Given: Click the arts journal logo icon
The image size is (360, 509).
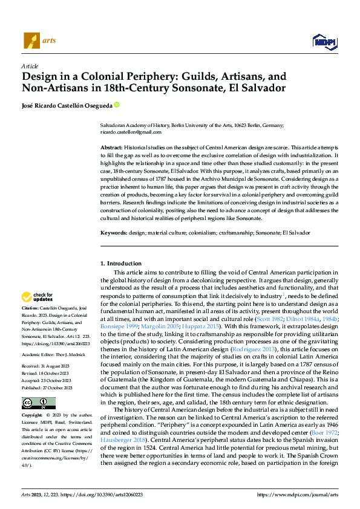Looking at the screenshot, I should (30, 41).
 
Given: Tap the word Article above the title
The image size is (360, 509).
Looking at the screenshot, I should (29, 66).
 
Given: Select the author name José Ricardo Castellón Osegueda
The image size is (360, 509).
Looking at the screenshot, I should (67, 105).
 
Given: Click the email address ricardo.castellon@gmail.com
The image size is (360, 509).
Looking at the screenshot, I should (131, 132).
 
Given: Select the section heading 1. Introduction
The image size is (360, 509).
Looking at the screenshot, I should (121, 264).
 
